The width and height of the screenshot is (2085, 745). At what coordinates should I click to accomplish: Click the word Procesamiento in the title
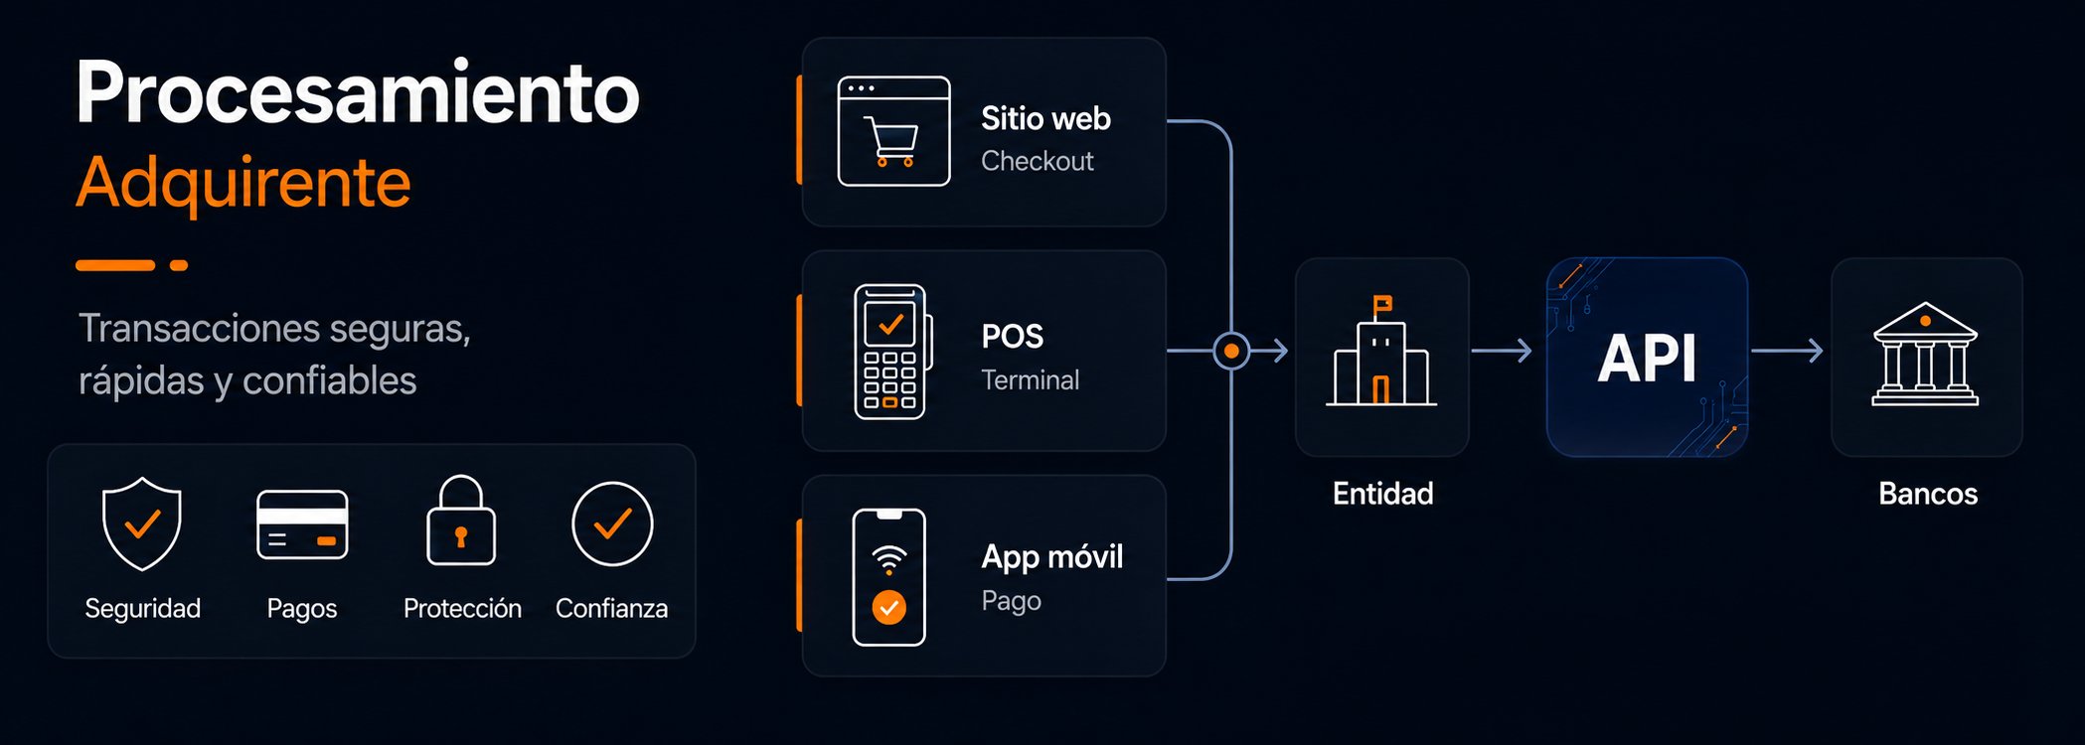358,91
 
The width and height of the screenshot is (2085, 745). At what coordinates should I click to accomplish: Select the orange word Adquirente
243,183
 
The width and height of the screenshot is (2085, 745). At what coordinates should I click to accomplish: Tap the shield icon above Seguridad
142,523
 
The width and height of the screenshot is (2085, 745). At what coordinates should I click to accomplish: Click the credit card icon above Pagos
302,524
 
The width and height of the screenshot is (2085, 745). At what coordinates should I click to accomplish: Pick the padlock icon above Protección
461,521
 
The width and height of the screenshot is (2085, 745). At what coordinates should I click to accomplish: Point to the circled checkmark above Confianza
612,523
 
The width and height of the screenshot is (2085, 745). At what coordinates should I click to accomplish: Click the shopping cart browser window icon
893,131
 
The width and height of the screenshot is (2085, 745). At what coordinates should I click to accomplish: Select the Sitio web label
1045,118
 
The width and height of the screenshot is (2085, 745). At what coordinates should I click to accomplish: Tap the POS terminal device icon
892,352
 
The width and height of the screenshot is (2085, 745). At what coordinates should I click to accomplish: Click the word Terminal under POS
1030,379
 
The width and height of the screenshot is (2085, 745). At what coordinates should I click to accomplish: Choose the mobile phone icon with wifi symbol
888,577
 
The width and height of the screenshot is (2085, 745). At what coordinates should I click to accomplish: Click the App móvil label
1052,556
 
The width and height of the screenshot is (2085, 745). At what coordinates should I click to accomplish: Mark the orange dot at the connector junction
1231,351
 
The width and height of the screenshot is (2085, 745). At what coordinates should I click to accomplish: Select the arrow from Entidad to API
1502,351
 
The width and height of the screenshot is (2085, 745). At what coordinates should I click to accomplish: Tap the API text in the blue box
1647,358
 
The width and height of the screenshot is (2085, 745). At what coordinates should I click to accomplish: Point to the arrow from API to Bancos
1787,351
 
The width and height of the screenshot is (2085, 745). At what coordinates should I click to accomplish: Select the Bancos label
1928,494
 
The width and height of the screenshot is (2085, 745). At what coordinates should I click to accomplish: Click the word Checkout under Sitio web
1038,161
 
